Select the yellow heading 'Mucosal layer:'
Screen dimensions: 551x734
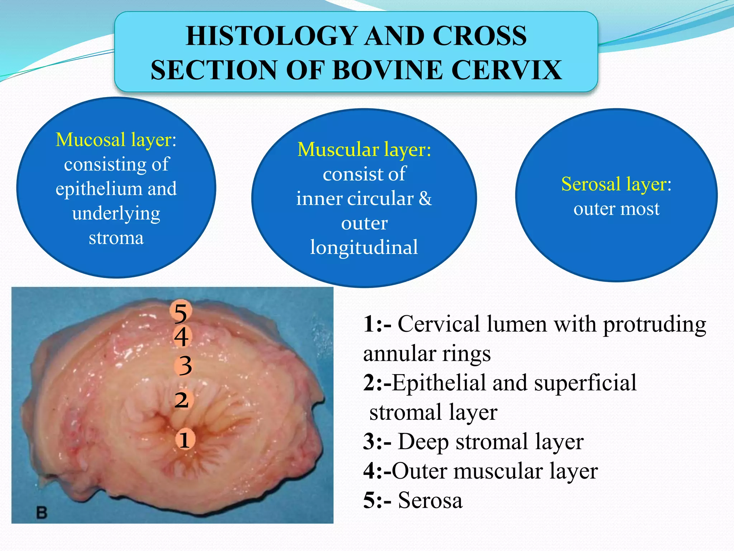click(x=116, y=140)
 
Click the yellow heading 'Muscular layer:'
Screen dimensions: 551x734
click(x=364, y=150)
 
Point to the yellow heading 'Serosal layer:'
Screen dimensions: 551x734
click(x=616, y=184)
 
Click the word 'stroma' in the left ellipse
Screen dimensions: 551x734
click(x=116, y=238)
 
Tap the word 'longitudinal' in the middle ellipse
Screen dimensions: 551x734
click(x=364, y=248)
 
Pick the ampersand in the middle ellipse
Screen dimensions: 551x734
click(x=425, y=198)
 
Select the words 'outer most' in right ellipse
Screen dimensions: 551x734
click(x=616, y=209)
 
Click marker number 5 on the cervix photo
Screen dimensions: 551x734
click(x=181, y=312)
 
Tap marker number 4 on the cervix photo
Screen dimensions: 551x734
click(x=181, y=337)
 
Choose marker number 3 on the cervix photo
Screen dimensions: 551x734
click(x=185, y=366)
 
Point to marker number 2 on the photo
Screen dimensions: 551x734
click(x=182, y=400)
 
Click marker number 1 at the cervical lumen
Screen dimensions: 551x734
click(x=185, y=440)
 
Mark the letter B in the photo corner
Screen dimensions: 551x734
click(x=42, y=512)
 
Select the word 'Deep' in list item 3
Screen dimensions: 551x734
click(x=423, y=442)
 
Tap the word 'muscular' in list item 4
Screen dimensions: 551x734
click(x=498, y=471)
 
